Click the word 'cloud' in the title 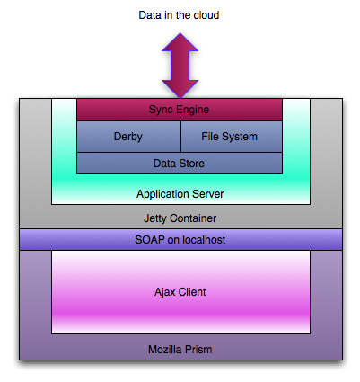click(206, 15)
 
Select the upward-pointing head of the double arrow click(180, 42)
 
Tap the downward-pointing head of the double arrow click(180, 89)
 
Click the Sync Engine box click(180, 110)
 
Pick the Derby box click(128, 137)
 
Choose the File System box click(232, 137)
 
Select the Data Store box click(180, 164)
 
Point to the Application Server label click(180, 194)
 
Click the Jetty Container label click(180, 218)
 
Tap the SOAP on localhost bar click(180, 240)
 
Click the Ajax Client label click(180, 292)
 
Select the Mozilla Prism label click(180, 350)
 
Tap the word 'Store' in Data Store click(192, 164)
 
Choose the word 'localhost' click(204, 240)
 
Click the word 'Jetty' click(155, 218)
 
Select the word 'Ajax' click(165, 292)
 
